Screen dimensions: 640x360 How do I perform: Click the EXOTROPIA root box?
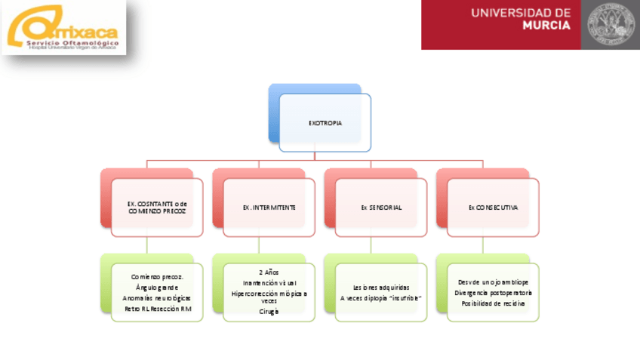[325, 122]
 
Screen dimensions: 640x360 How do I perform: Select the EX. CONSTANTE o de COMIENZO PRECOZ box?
[157, 207]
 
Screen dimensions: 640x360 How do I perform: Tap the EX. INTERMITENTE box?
[269, 207]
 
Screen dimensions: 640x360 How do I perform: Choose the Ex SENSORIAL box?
[380, 207]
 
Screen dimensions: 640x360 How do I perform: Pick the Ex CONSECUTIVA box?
[493, 207]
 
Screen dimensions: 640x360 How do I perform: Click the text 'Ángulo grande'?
[157, 288]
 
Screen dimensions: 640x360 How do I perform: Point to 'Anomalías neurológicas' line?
[157, 298]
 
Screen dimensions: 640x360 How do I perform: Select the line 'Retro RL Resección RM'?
[157, 309]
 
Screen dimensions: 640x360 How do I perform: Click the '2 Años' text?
[269, 272]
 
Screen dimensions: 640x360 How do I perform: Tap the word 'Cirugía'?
[269, 311]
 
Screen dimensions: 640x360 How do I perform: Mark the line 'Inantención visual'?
[269, 282]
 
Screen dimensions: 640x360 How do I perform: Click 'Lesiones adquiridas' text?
[380, 288]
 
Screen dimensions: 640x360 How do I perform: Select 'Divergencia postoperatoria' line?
[493, 292]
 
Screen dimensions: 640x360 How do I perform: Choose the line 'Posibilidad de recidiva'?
[493, 303]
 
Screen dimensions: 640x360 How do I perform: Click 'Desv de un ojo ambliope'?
[493, 282]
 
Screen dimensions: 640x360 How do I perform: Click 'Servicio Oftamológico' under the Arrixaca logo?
[72, 43]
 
